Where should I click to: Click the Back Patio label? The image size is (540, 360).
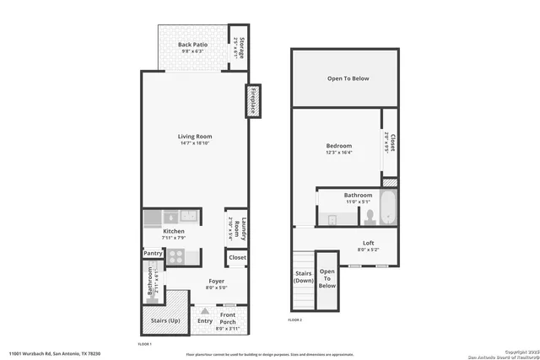[x=193, y=44]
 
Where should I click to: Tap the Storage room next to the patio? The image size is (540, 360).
[x=240, y=47]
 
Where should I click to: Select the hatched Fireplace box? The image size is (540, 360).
[x=251, y=100]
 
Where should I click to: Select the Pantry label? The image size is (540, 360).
[x=153, y=253]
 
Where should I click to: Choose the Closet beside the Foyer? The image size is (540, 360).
[x=237, y=257]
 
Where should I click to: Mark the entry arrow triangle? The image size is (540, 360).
[x=203, y=311]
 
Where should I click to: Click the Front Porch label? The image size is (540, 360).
[x=228, y=319]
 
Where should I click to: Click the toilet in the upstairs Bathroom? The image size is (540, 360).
[x=368, y=218]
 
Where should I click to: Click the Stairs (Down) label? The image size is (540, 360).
[x=304, y=277]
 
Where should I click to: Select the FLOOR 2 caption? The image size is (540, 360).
[x=295, y=320]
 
